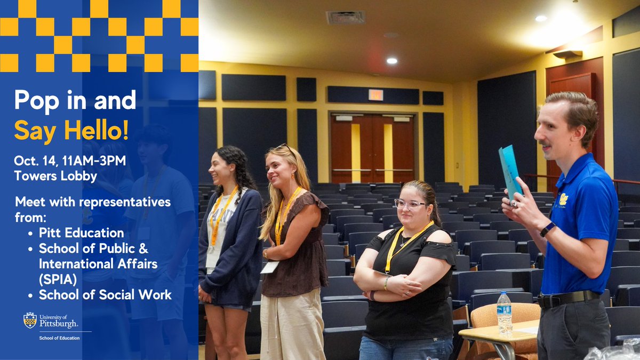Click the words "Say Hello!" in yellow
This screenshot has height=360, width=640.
pyautogui.click(x=71, y=130)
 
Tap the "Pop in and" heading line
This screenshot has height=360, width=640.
pyautogui.click(x=75, y=100)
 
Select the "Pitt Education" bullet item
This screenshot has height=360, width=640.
pyautogui.click(x=81, y=233)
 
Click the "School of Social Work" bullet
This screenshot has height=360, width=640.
pyautogui.click(x=105, y=294)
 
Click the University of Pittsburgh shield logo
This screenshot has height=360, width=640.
pyautogui.click(x=30, y=320)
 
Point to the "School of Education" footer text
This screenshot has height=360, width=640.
pyautogui.click(x=59, y=338)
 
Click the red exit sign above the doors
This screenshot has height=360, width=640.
pyautogui.click(x=375, y=95)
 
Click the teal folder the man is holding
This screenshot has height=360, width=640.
pyautogui.click(x=510, y=171)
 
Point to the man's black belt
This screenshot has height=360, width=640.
pyautogui.click(x=567, y=299)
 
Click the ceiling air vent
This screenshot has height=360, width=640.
pyautogui.click(x=345, y=17)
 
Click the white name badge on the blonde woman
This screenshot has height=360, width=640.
pyautogui.click(x=269, y=267)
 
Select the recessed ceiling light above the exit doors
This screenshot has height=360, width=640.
pyautogui.click(x=392, y=61)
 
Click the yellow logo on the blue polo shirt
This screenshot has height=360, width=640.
pyautogui.click(x=564, y=199)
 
